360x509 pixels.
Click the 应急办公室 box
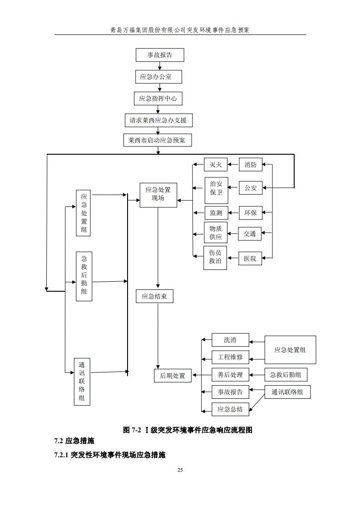[158, 77]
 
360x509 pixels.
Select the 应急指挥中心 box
[158, 98]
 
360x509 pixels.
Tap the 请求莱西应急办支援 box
[158, 120]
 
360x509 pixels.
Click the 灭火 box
[215, 165]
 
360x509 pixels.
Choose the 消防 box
[251, 165]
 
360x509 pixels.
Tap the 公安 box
[251, 187]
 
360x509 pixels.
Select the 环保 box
[251, 213]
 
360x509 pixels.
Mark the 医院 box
[250, 259]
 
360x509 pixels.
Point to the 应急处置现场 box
[158, 195]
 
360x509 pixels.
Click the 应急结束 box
[154, 296]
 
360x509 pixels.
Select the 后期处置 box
[173, 376]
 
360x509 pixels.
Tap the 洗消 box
[230, 340]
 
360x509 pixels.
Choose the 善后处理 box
[230, 375]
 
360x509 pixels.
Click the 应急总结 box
[230, 409]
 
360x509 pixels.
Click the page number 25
[180, 470]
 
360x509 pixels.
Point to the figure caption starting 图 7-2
[187, 430]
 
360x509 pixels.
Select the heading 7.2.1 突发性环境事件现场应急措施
[109, 455]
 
